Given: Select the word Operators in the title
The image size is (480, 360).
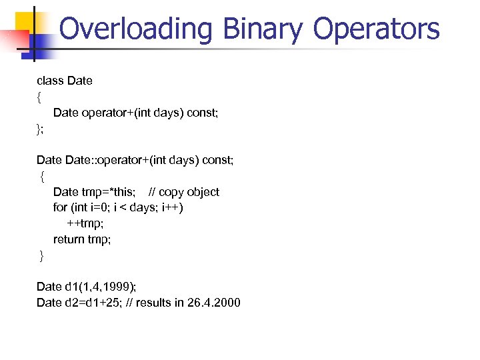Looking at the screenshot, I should click(376, 29).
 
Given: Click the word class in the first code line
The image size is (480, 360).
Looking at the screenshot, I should click(50, 81).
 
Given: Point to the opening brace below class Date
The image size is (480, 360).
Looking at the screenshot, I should click(39, 97).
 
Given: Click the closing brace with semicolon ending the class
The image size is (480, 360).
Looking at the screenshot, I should click(40, 129).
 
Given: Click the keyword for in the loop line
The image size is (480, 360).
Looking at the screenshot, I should click(59, 207).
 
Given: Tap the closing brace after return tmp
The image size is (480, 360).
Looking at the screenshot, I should click(41, 256).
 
